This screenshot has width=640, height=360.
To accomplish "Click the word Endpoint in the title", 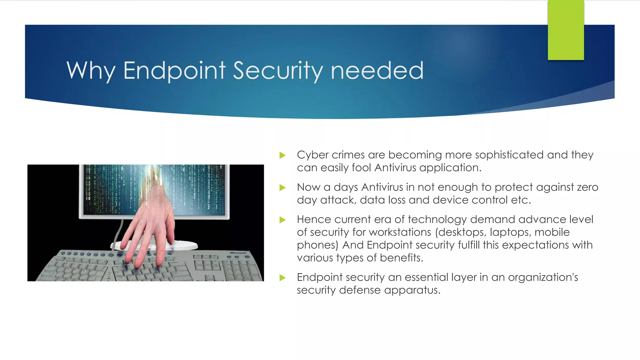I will pyautogui.click(x=174, y=71).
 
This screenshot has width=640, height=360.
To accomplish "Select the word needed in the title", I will pyautogui.click(x=377, y=71).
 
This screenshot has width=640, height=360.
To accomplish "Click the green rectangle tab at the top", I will pyautogui.click(x=566, y=30).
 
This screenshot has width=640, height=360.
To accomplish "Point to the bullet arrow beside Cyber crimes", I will pyautogui.click(x=282, y=155).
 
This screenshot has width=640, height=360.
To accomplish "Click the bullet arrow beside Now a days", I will pyautogui.click(x=282, y=187).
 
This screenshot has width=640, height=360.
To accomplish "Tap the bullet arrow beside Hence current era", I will pyautogui.click(x=282, y=220).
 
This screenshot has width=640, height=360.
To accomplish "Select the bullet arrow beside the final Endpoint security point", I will pyautogui.click(x=282, y=277).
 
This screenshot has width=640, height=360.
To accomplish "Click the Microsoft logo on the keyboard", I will pyautogui.click(x=238, y=253).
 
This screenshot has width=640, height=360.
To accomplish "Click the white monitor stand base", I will pyautogui.click(x=184, y=245).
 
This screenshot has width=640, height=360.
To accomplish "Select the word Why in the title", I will pyautogui.click(x=91, y=71).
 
